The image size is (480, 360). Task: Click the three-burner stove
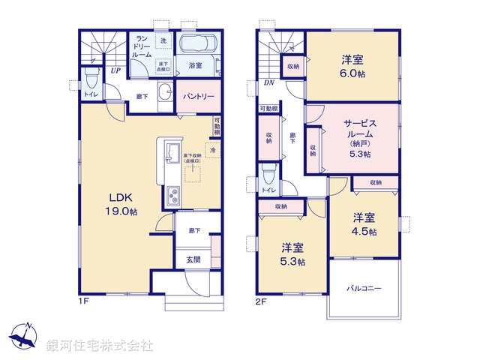click(x=171, y=198)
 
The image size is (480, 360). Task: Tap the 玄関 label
click(x=193, y=259)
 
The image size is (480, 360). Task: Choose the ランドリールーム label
click(x=142, y=46)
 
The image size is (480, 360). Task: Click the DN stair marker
click(x=267, y=85)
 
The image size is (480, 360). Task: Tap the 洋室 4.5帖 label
click(x=364, y=224)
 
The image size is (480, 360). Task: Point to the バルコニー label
click(x=364, y=288)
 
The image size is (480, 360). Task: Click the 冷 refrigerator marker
click(x=212, y=151)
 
